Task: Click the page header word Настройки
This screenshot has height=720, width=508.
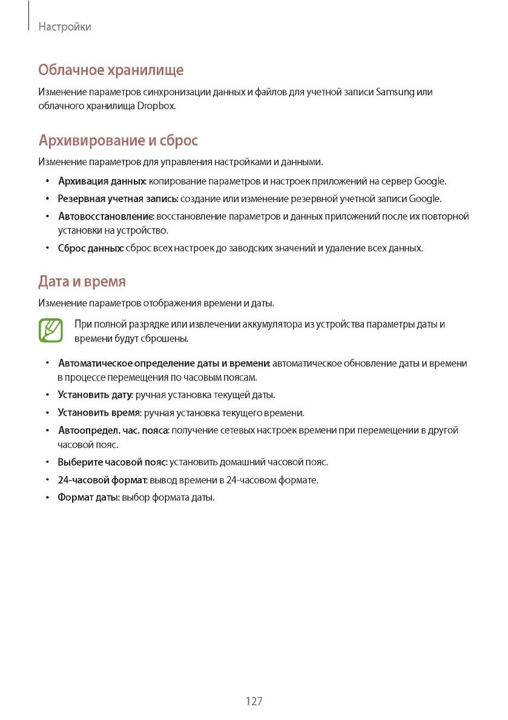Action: (x=64, y=27)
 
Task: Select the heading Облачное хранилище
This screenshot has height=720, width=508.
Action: (x=111, y=70)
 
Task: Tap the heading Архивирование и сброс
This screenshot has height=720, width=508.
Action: (x=118, y=141)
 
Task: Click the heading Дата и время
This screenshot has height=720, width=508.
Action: (x=82, y=282)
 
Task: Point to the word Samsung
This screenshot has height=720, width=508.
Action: (x=395, y=92)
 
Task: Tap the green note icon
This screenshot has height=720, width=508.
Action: (x=51, y=330)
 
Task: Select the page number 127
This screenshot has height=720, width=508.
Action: (x=254, y=701)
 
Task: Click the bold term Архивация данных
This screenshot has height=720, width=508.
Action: (x=102, y=182)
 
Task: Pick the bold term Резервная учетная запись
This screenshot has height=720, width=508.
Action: (x=117, y=199)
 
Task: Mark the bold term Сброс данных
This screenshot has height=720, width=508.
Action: (x=91, y=248)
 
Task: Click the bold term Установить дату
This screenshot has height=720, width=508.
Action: (x=95, y=395)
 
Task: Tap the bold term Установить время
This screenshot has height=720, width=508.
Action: (x=99, y=413)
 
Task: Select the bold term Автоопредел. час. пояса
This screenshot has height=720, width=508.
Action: (x=113, y=431)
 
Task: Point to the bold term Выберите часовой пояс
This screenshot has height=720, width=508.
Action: (x=113, y=462)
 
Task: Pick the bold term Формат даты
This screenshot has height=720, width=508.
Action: (x=88, y=498)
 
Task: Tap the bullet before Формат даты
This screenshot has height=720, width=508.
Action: (x=47, y=498)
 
